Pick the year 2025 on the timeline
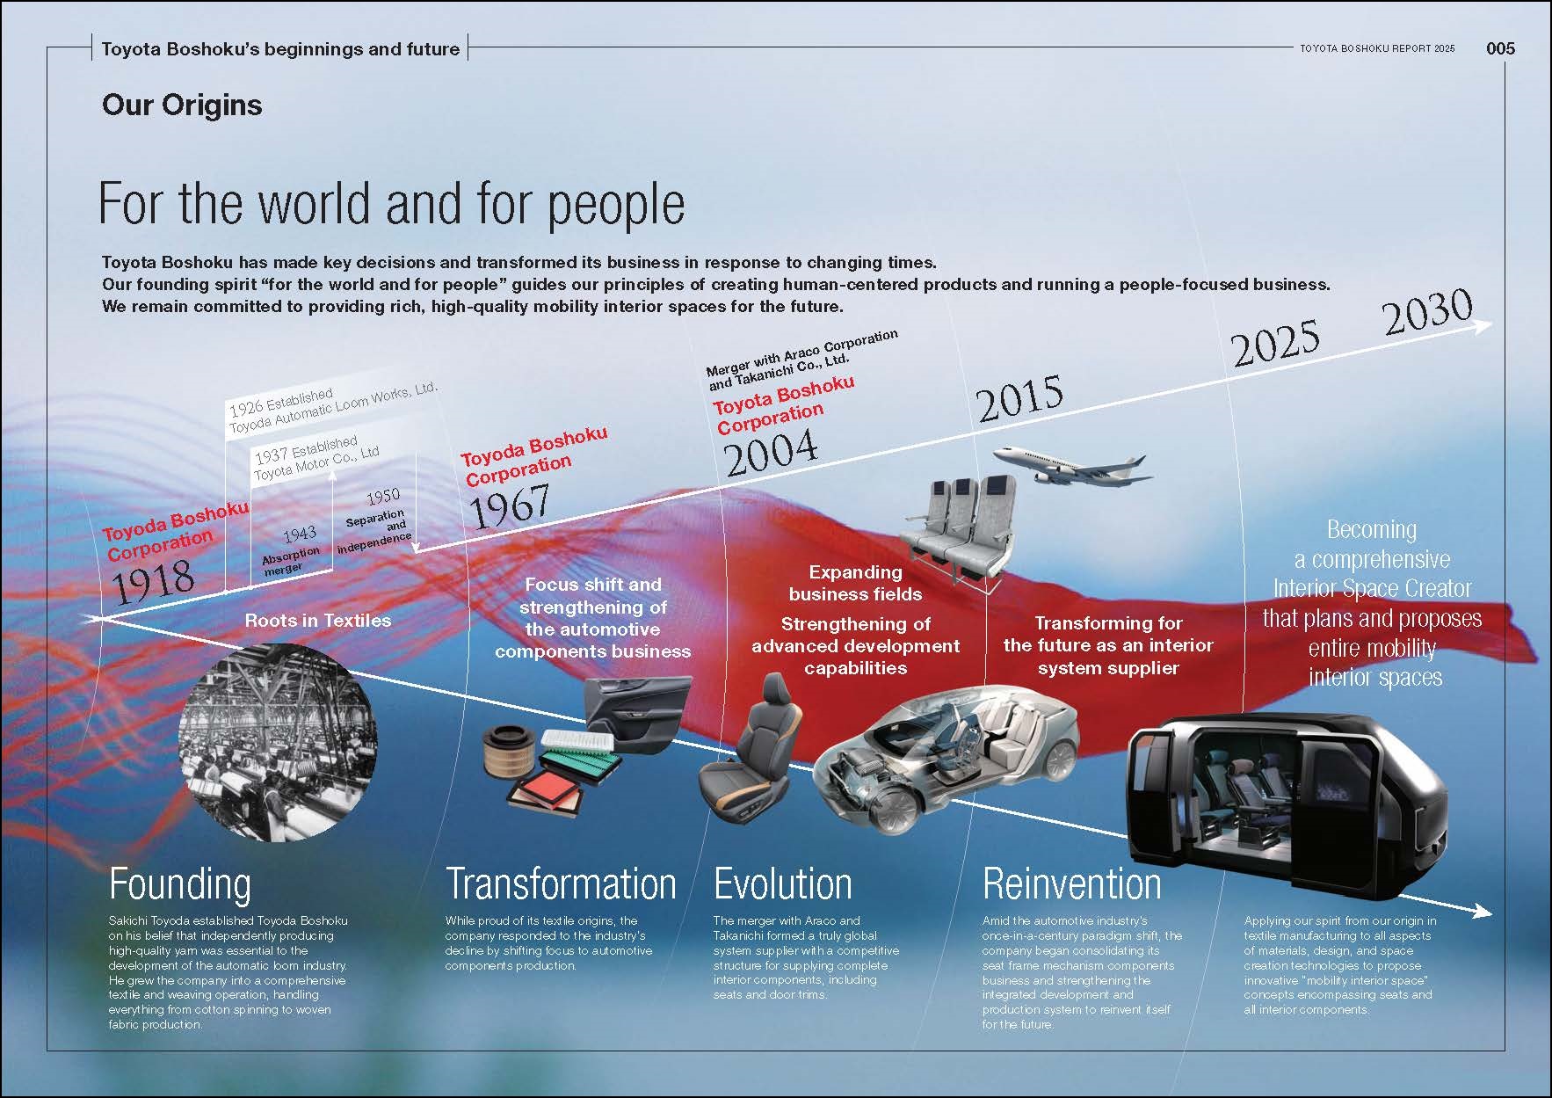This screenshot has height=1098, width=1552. (1275, 342)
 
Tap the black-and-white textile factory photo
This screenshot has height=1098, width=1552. (277, 743)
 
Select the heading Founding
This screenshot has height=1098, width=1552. (180, 884)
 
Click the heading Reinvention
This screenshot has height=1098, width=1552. (1072, 883)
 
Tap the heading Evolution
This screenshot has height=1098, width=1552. (783, 883)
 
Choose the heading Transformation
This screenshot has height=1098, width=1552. (561, 883)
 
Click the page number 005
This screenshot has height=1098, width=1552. (1500, 48)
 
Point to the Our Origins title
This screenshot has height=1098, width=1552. (182, 105)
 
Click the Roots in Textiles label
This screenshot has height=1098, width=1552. (317, 621)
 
